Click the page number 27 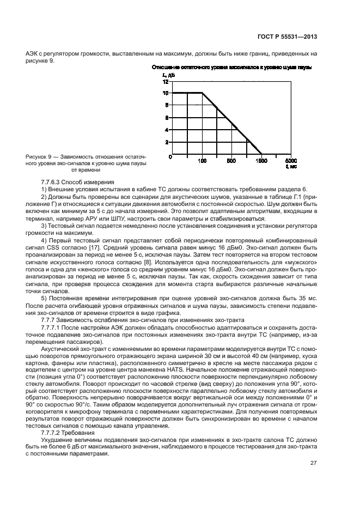click(313, 479)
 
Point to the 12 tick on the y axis click(166, 81)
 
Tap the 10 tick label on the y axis click(166, 93)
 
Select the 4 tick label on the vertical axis click(167, 130)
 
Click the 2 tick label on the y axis click(167, 142)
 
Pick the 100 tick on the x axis click(202, 161)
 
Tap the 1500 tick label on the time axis click(261, 161)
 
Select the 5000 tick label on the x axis click(291, 161)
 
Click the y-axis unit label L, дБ click(168, 74)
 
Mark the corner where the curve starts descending click(202, 93)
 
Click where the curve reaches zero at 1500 click(261, 154)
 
